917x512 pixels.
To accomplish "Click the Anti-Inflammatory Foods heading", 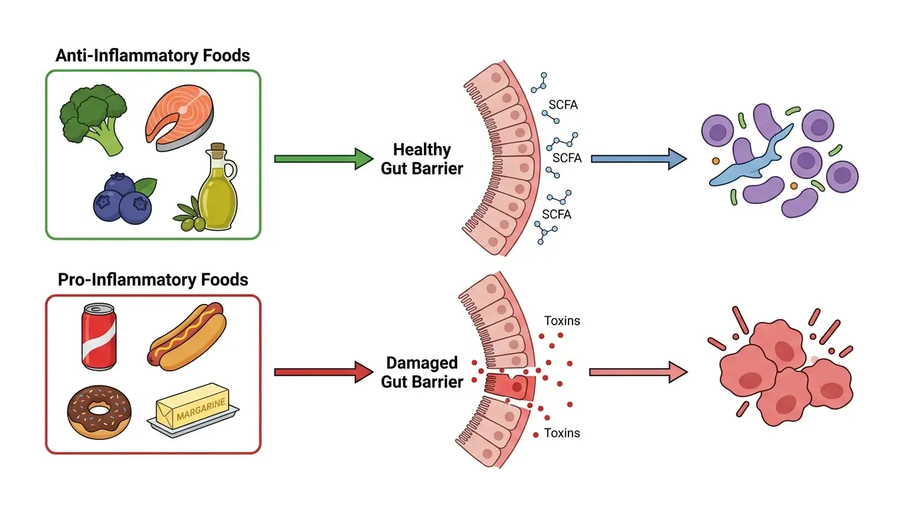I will click(x=153, y=56).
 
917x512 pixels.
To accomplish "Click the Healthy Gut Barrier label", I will click(x=422, y=159).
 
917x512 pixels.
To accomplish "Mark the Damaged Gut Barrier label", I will click(x=422, y=372).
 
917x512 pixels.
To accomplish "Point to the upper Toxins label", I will click(x=562, y=321).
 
